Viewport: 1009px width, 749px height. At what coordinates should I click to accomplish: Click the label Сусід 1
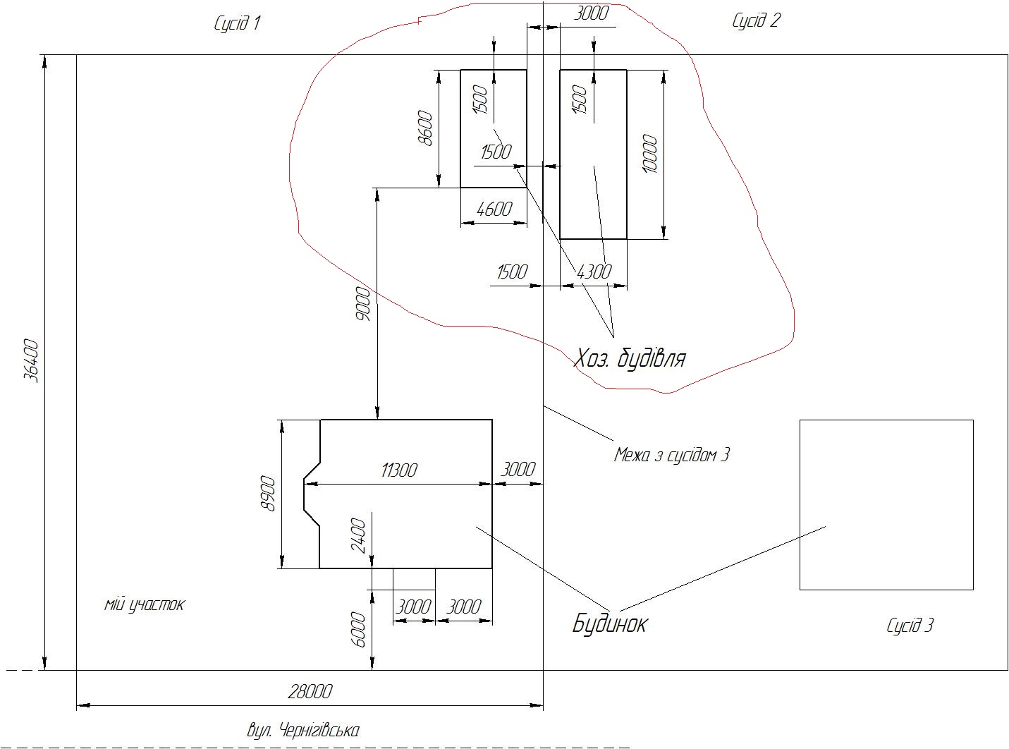tap(237, 23)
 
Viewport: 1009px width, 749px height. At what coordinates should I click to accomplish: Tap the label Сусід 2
tap(756, 20)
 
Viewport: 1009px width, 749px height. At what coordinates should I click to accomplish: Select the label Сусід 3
tap(910, 626)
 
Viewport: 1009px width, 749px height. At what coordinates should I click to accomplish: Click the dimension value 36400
tap(32, 361)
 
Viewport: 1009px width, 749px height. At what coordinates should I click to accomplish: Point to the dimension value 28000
tap(310, 692)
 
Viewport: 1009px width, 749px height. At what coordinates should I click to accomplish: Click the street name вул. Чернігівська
tap(303, 731)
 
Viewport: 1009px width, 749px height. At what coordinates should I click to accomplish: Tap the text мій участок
tap(145, 604)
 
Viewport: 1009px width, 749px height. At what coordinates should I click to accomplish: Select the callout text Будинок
tap(610, 623)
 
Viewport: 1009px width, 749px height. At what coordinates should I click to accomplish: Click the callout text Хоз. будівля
tap(629, 358)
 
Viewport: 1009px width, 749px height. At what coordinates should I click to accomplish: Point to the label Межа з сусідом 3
tap(671, 455)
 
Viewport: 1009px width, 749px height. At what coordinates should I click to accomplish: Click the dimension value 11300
tap(398, 470)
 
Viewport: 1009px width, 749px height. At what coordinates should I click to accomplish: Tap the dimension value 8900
tap(269, 494)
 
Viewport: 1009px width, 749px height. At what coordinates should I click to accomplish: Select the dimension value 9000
tap(363, 304)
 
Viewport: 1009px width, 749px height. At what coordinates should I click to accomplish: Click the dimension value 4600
tap(494, 209)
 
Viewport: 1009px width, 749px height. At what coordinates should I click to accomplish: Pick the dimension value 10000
tap(649, 154)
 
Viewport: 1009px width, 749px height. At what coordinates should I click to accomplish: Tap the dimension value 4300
tap(594, 272)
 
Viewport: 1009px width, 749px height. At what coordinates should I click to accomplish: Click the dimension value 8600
tap(425, 128)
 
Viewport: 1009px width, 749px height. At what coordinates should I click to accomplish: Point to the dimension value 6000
tap(358, 630)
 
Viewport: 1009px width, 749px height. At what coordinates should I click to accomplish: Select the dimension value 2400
tap(358, 535)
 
